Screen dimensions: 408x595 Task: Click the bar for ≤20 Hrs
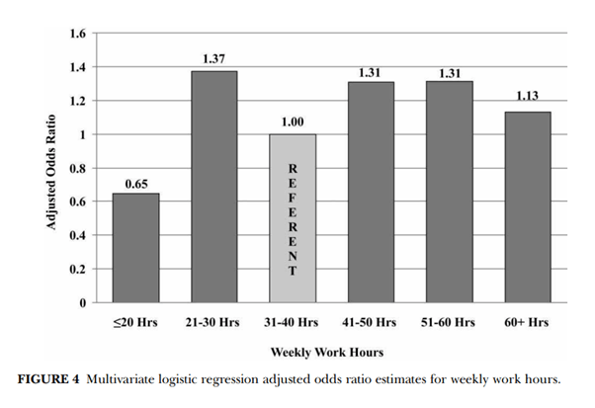(x=135, y=247)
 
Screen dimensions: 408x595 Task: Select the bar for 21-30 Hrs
(x=213, y=187)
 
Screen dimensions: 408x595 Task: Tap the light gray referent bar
(x=292, y=217)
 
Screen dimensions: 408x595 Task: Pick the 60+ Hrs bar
(x=528, y=206)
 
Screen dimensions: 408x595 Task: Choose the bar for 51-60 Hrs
(x=449, y=192)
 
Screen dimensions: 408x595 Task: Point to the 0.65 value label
(x=135, y=183)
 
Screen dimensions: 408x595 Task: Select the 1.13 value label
(x=528, y=101)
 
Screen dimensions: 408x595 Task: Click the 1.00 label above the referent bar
(x=292, y=123)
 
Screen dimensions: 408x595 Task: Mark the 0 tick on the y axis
(x=82, y=302)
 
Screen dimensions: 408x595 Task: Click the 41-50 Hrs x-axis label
(x=371, y=323)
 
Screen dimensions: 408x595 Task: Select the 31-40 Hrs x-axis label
(x=292, y=323)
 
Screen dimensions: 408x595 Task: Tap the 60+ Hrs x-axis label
(x=528, y=323)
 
